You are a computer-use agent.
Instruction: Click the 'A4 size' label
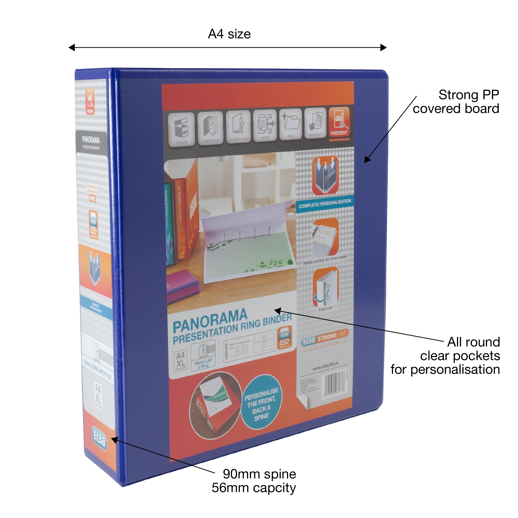(x=229, y=34)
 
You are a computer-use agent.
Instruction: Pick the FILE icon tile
(x=291, y=124)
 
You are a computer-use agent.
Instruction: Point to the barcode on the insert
(x=335, y=382)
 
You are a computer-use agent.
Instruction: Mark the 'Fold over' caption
(x=326, y=309)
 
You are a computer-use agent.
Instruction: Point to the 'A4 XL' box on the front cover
(x=180, y=359)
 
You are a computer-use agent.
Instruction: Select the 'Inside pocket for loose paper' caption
(x=325, y=260)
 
